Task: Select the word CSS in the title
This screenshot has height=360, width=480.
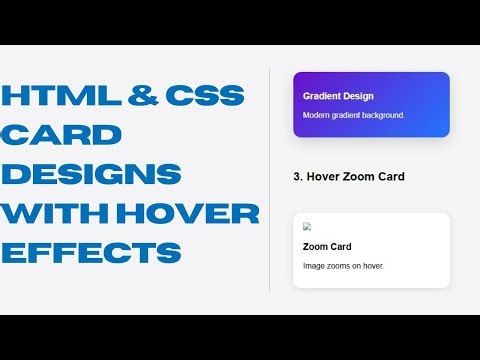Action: [204, 97]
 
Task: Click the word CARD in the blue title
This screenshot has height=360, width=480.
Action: [62, 135]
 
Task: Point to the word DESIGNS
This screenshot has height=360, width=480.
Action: [92, 174]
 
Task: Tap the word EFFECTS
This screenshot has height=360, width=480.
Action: [92, 251]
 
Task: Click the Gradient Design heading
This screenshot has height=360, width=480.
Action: [338, 96]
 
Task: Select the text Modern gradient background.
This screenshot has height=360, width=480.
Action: [353, 116]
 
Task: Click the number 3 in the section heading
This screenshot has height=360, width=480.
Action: [297, 177]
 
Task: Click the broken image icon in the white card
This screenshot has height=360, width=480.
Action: [307, 227]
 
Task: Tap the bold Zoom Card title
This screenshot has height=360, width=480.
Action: [327, 246]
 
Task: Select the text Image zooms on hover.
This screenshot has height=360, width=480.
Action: [343, 266]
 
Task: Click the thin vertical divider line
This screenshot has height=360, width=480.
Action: [270, 180]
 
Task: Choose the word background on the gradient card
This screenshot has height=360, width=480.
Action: [380, 116]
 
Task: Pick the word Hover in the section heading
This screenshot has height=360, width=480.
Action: [325, 177]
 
